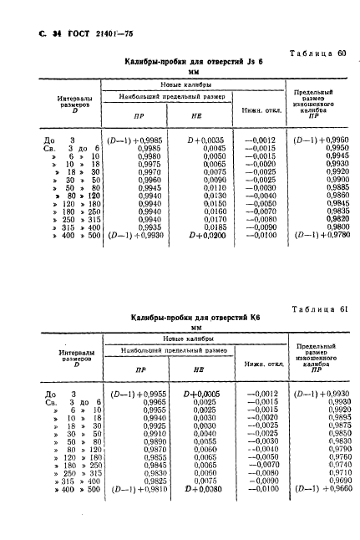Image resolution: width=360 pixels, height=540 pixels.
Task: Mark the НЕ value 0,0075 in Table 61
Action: pos(209,482)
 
